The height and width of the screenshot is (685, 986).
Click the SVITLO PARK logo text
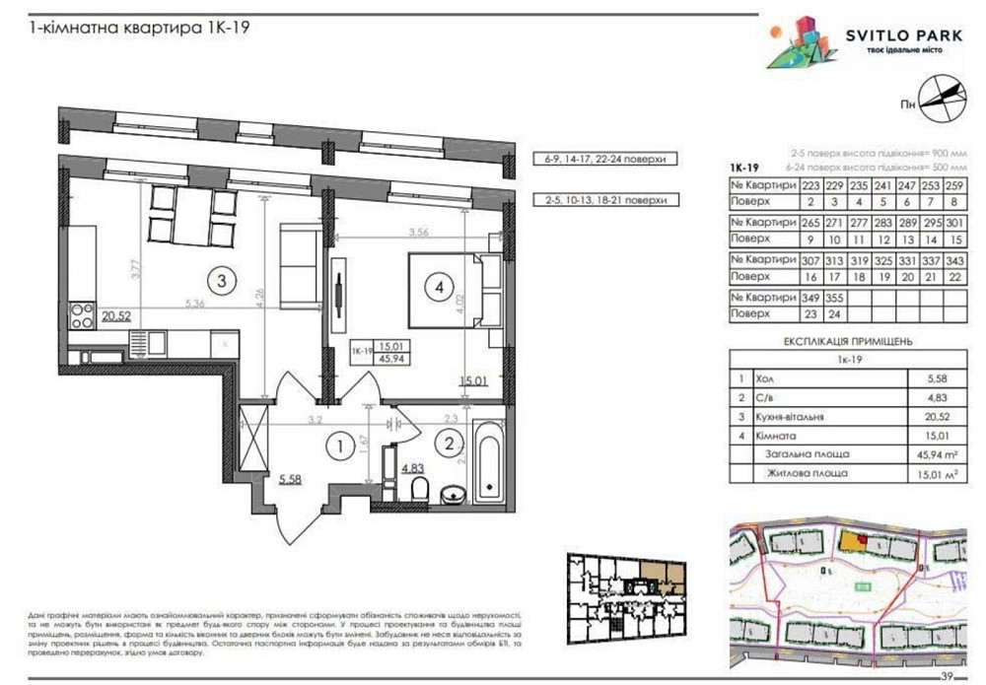click(903, 36)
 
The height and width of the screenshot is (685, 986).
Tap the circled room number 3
click(222, 281)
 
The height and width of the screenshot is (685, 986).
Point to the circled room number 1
click(338, 447)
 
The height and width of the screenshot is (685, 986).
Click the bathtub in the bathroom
click(487, 458)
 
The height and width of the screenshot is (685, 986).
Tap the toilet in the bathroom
click(420, 489)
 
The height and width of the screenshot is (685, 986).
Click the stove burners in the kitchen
click(79, 315)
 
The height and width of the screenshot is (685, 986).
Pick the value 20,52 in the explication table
click(927, 418)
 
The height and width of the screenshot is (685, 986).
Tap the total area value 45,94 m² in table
click(930, 455)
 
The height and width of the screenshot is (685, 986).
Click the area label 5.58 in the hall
click(290, 479)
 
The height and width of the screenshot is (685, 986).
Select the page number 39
click(948, 675)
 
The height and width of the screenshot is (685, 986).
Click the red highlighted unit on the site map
click(864, 538)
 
